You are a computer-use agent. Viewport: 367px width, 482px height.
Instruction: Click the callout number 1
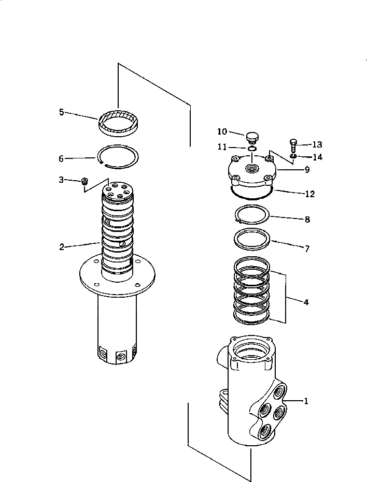306,401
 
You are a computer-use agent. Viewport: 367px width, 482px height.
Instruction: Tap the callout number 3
61,180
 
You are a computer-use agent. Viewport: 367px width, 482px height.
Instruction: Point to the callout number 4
306,301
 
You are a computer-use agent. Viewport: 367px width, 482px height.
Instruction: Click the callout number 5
61,111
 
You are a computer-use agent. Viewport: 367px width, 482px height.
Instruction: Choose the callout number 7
306,249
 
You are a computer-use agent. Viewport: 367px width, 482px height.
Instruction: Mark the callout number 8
306,220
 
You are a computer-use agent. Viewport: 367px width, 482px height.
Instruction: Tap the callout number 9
306,169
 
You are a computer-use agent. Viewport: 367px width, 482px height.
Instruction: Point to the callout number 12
309,194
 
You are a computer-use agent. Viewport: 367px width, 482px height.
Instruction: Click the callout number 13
317,144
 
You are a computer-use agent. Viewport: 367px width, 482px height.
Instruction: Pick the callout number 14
317,156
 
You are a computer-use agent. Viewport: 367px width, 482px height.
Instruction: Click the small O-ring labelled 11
251,149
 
